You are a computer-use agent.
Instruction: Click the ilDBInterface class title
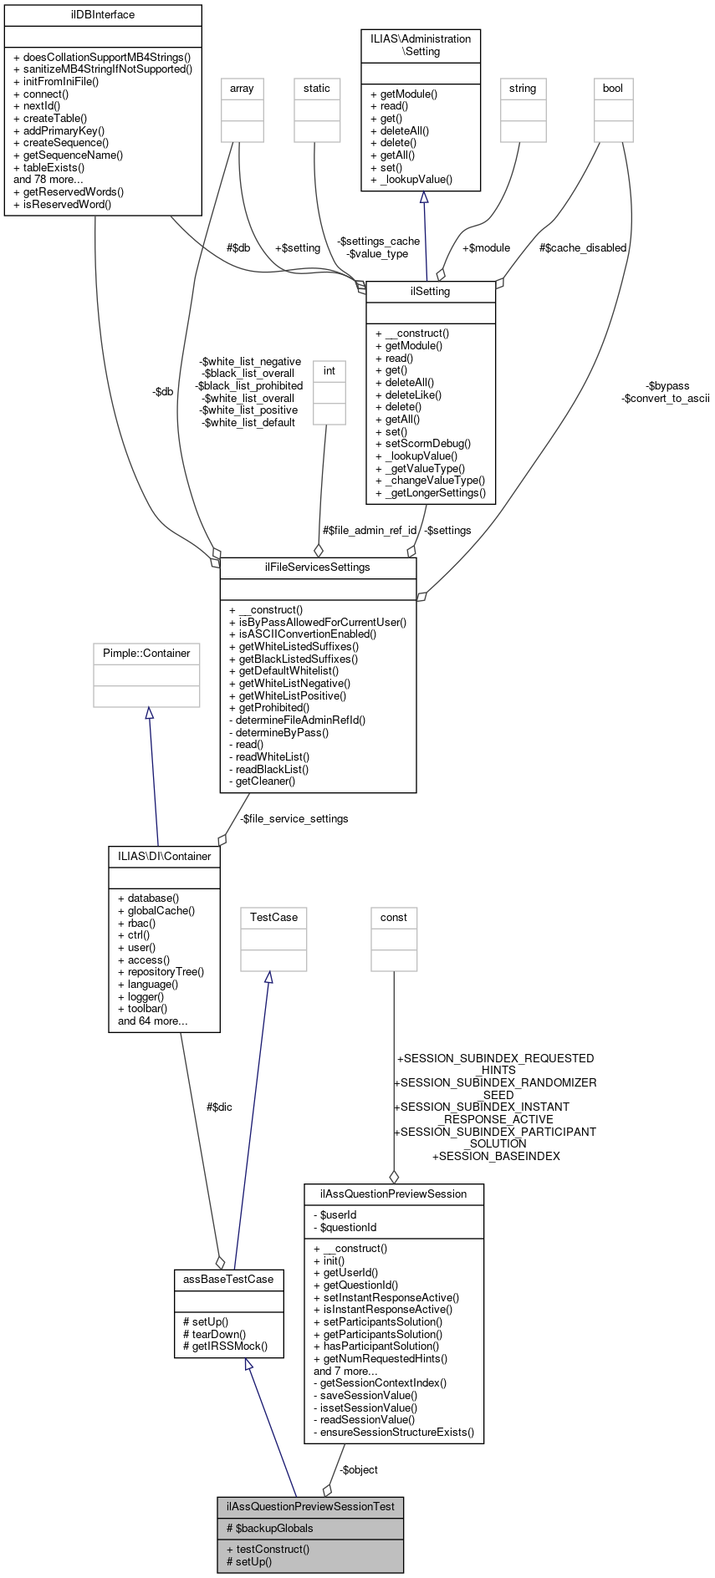pyautogui.click(x=103, y=15)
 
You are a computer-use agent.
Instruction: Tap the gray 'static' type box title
pyautogui.click(x=317, y=89)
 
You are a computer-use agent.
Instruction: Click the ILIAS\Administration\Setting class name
pyautogui.click(x=421, y=45)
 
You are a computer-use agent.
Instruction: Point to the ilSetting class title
pyautogui.click(x=431, y=292)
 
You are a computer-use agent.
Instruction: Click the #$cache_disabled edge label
pyautogui.click(x=583, y=248)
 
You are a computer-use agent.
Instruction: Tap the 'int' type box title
pyautogui.click(x=329, y=371)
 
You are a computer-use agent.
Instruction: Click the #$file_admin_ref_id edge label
pyautogui.click(x=370, y=531)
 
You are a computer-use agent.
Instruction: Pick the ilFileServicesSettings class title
pyautogui.click(x=318, y=568)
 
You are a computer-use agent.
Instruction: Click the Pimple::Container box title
pyautogui.click(x=146, y=654)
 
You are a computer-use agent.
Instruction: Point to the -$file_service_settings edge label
pyautogui.click(x=294, y=819)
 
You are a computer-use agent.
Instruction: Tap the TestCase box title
pyautogui.click(x=273, y=918)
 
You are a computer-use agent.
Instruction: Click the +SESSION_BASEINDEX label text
pyautogui.click(x=496, y=1157)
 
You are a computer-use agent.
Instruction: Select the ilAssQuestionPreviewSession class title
pyautogui.click(x=394, y=1194)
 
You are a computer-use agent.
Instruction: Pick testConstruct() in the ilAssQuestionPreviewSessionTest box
pyautogui.click(x=273, y=1549)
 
